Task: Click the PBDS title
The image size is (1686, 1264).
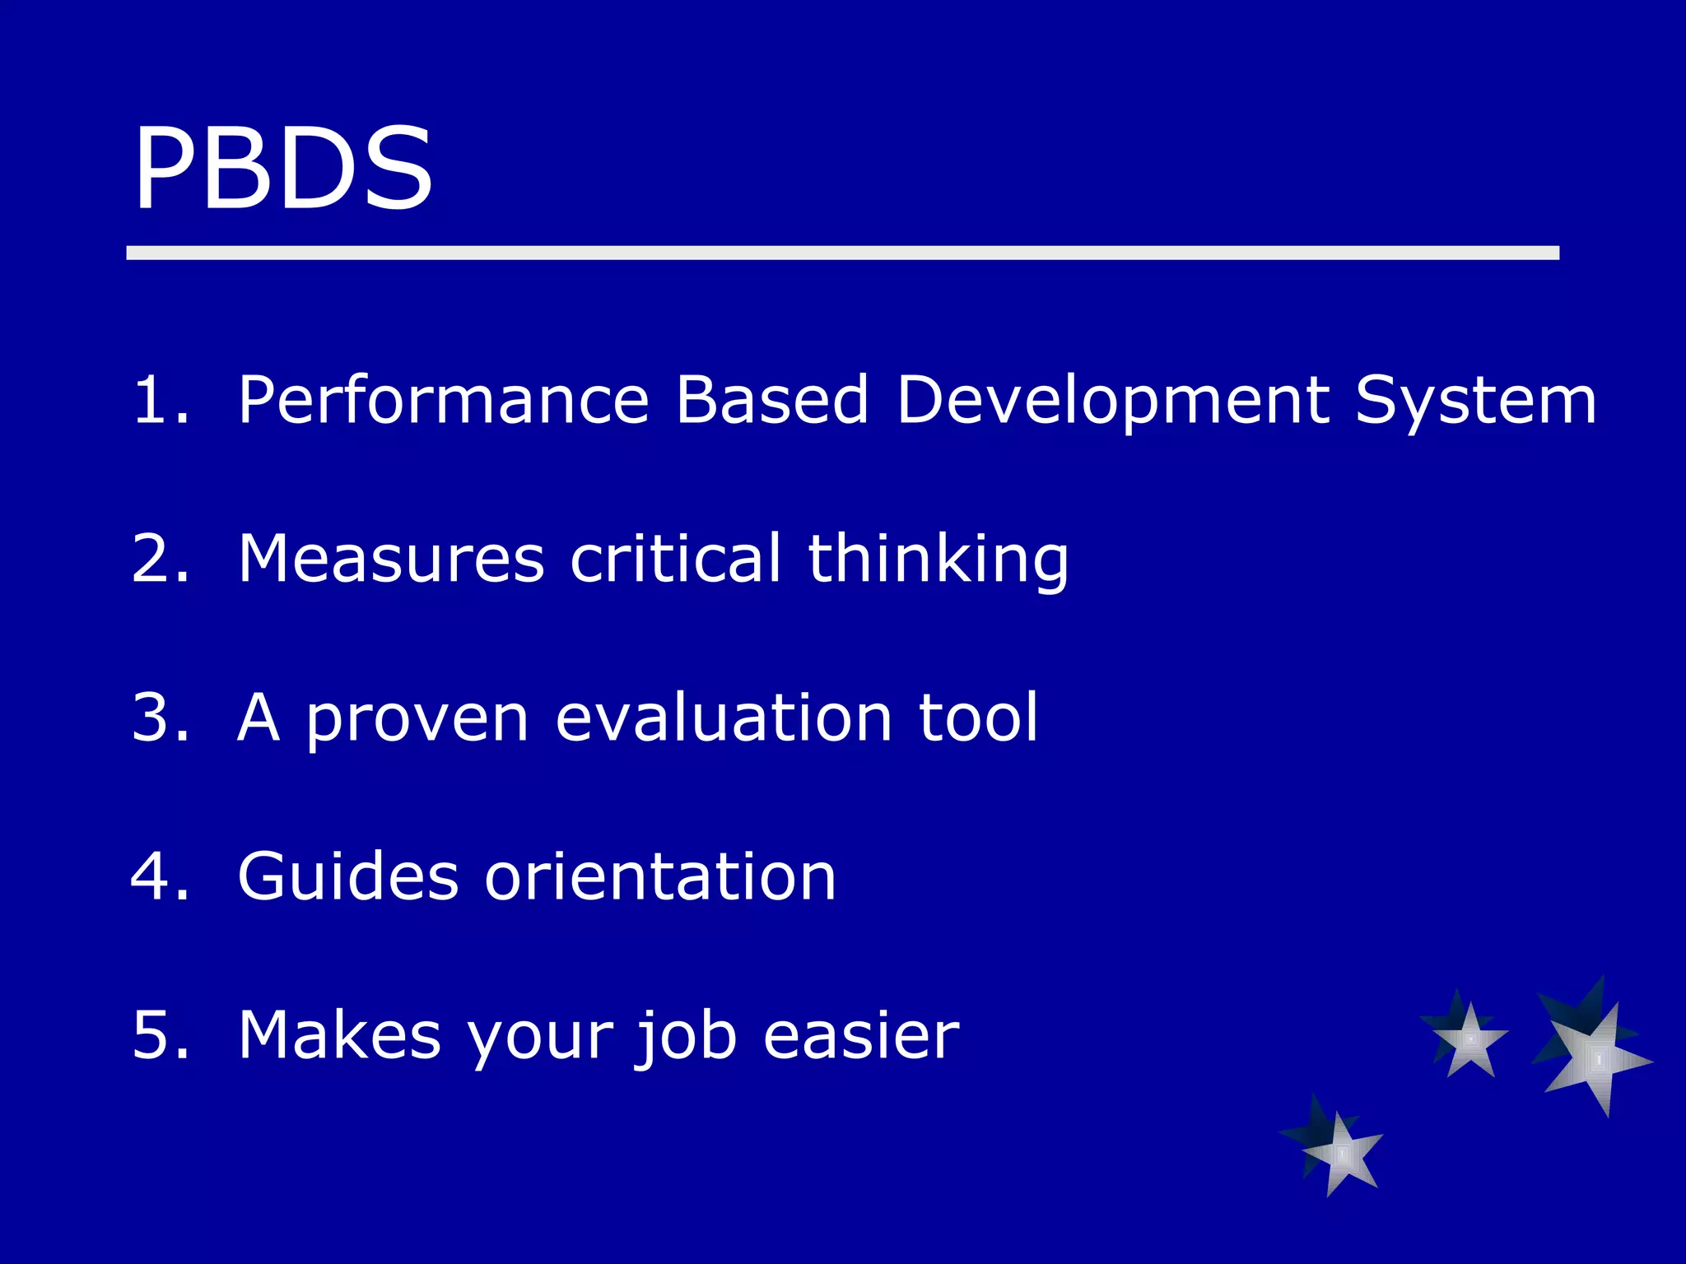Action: coord(282,169)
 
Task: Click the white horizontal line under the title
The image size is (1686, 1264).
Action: coord(842,253)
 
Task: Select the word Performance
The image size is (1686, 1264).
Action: coord(444,400)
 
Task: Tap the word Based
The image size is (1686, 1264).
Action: coord(771,400)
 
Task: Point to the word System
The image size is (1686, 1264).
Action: coord(1475,400)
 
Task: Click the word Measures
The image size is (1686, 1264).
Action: coord(391,559)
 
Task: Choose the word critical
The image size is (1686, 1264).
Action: coord(675,559)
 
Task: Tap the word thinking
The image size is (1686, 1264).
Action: coord(938,559)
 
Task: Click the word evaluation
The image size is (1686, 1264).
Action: coord(724,718)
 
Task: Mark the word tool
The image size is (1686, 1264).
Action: coord(978,718)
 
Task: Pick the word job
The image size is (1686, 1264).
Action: coord(685,1035)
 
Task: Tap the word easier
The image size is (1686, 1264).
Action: coord(861,1035)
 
